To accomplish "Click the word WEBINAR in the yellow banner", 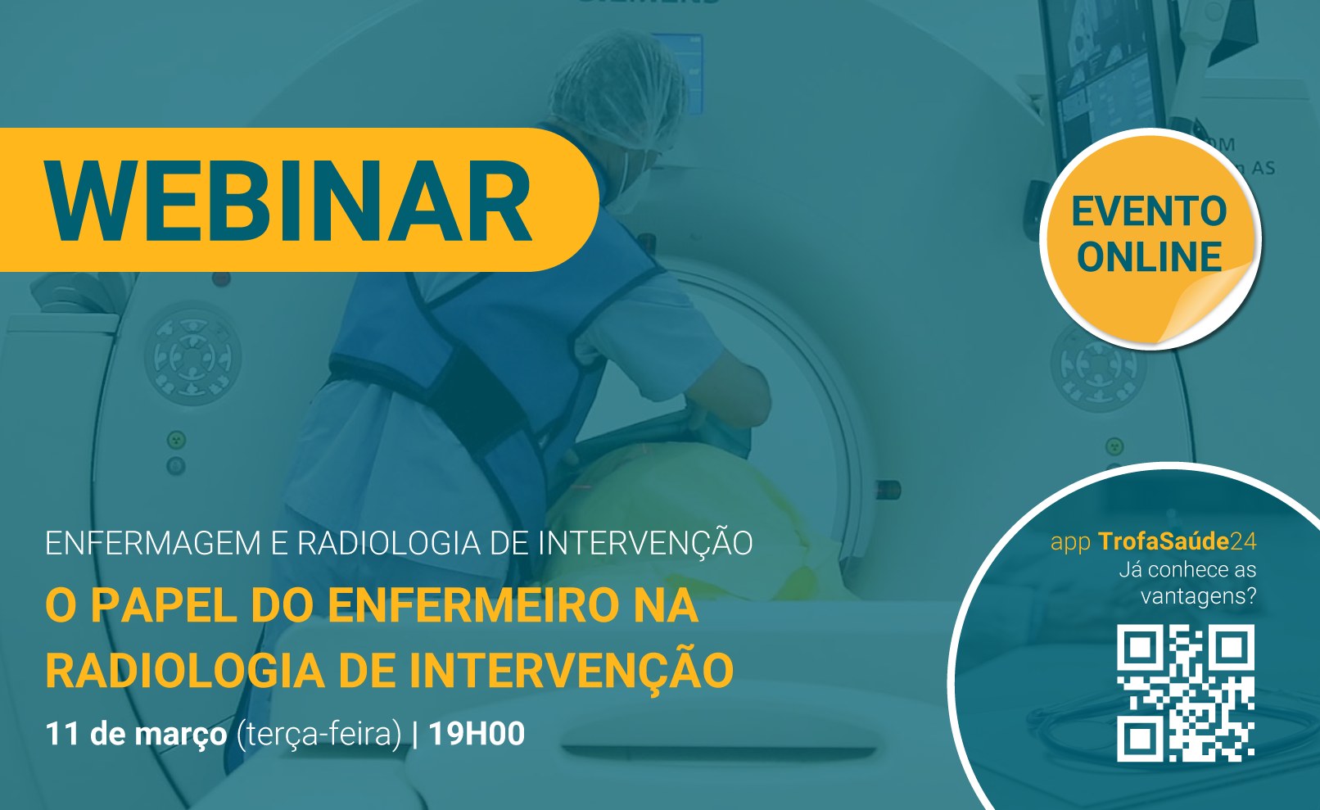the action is (x=289, y=201).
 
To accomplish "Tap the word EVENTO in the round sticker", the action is (x=1149, y=211).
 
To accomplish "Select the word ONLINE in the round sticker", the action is (x=1149, y=257).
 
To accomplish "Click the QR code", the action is (x=1186, y=693).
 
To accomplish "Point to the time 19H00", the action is (x=476, y=733).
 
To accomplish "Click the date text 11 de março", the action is (x=136, y=735).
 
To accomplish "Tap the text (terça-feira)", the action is (x=319, y=735).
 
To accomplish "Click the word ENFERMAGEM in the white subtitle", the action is (x=153, y=543).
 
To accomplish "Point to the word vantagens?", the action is (x=1199, y=596).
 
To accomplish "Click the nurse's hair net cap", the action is (x=616, y=88).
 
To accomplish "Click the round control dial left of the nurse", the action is (x=192, y=354).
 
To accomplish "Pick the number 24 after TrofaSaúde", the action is (x=1243, y=541).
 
